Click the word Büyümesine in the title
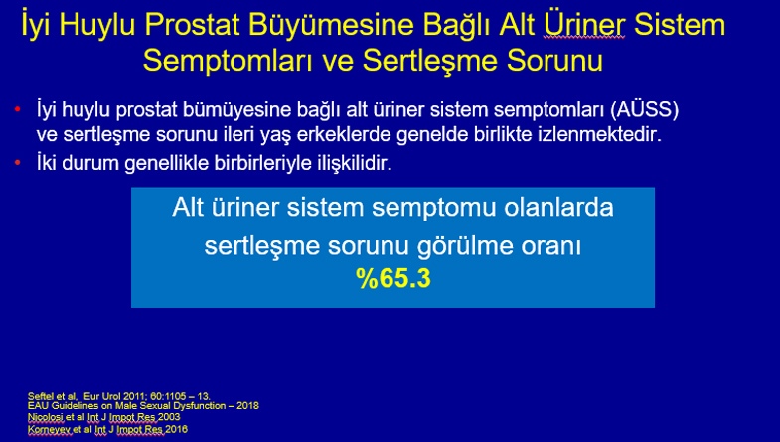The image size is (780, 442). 331,25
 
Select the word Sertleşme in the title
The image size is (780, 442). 430,62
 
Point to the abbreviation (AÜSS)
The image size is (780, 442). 645,110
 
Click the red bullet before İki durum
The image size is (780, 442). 18,162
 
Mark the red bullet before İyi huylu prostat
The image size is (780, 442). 18,109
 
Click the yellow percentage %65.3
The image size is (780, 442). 393,278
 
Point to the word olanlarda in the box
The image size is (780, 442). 558,208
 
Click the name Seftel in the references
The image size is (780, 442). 40,396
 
